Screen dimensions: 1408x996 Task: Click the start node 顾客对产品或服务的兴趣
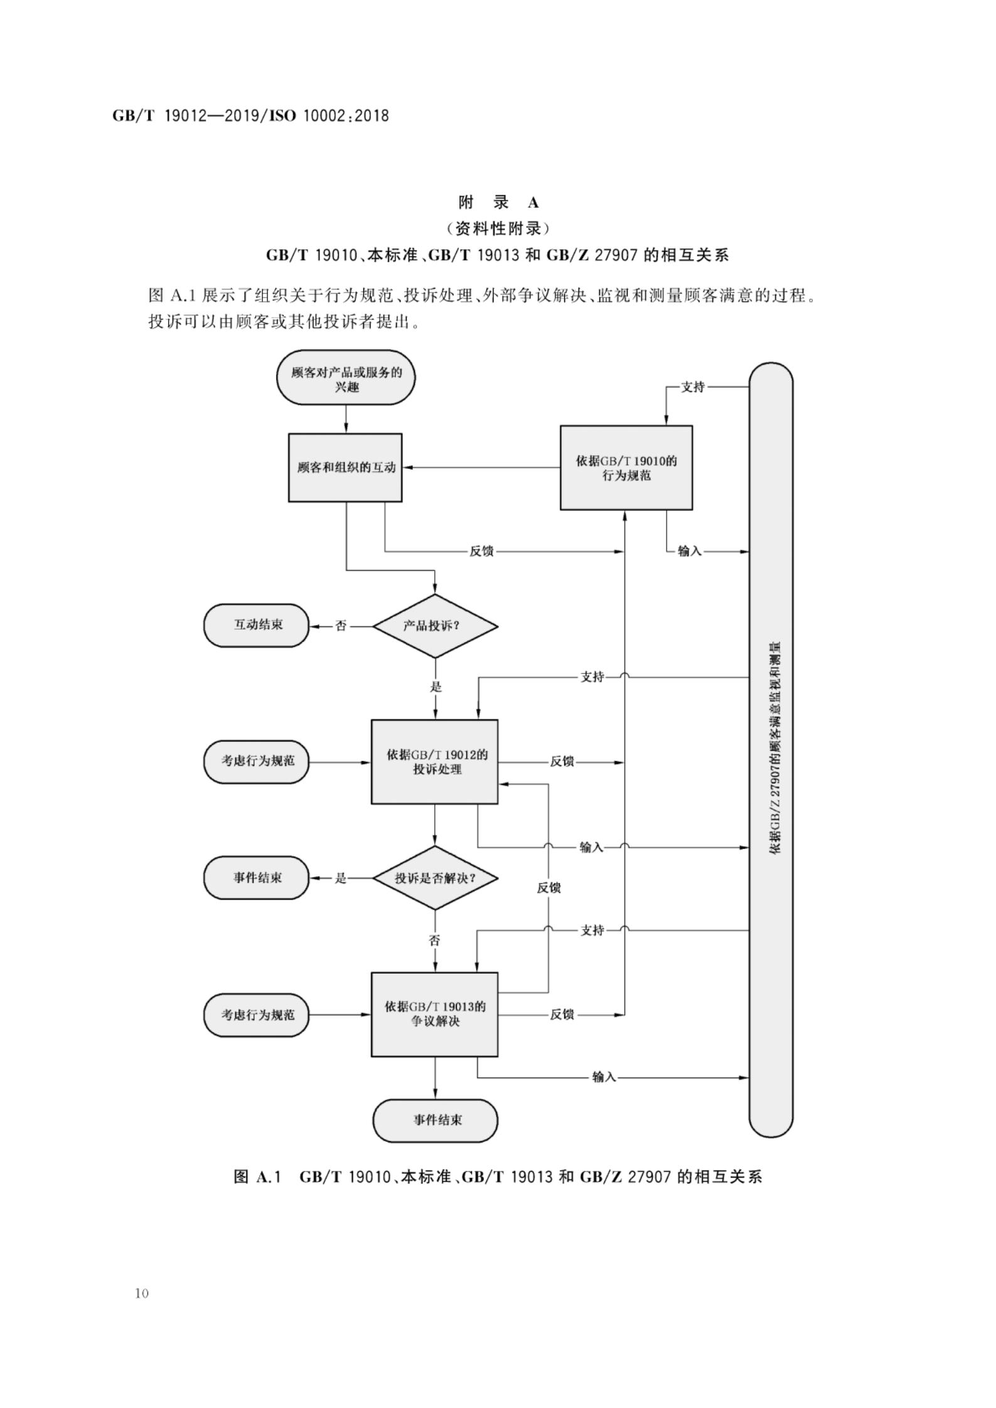346,378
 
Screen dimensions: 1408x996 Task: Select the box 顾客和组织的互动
345,468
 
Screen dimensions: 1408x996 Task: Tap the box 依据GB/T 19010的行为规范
626,468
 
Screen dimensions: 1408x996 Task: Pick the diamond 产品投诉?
435,626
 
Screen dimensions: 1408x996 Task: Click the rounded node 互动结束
256,625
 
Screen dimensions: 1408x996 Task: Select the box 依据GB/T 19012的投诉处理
435,761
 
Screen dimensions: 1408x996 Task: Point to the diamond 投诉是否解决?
435,878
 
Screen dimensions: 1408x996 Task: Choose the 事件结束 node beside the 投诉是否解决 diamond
256,878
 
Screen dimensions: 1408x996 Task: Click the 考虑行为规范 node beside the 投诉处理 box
256,761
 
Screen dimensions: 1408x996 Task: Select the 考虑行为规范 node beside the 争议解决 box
256,1014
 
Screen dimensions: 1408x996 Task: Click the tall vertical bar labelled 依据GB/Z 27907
771,750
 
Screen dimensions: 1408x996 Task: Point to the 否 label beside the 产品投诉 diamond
341,626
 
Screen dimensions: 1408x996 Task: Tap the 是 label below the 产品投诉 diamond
436,687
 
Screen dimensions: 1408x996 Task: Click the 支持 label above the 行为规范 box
693,387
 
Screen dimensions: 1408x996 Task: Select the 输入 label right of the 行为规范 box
689,551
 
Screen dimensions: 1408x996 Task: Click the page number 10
142,1293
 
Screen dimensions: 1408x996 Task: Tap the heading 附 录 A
498,203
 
